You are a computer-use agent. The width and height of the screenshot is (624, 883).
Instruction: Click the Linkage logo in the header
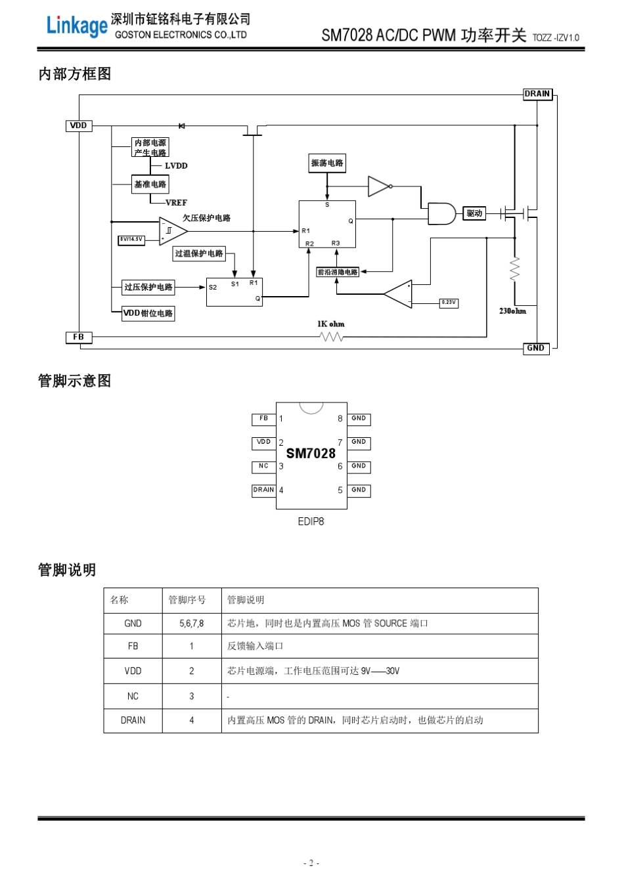[x=76, y=26]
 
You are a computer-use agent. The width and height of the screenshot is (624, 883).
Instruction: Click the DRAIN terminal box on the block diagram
[x=537, y=94]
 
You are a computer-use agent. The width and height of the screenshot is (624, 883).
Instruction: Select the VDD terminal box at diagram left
[x=79, y=125]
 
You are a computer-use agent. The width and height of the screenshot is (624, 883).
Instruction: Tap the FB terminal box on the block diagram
[x=79, y=337]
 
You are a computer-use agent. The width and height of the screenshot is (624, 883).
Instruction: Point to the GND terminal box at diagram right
[x=536, y=348]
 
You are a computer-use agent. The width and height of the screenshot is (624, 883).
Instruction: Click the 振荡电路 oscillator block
[x=327, y=163]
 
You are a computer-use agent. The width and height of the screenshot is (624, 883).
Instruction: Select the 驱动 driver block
[x=474, y=213]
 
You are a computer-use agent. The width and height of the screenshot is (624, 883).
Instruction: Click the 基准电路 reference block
[x=150, y=184]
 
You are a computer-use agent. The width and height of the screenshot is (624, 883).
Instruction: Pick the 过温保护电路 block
[x=199, y=253]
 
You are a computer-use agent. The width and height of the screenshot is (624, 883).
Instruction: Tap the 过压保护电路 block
[x=148, y=287]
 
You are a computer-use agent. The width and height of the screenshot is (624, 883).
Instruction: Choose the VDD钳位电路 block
[x=148, y=313]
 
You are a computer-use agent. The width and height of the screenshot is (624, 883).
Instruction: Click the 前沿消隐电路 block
[x=338, y=272]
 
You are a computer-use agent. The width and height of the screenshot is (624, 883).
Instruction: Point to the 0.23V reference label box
[x=449, y=303]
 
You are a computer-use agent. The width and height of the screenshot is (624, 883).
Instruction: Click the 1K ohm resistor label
[x=330, y=324]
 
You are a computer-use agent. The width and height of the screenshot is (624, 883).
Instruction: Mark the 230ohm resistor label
[x=512, y=311]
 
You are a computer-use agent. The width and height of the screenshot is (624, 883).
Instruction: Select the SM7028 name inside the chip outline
[x=311, y=454]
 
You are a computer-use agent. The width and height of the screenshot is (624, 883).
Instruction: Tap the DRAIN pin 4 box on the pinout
[x=263, y=490]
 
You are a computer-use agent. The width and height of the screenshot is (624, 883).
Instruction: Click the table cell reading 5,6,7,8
[x=192, y=624]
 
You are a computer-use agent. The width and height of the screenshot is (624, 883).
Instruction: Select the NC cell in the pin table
[x=133, y=697]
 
